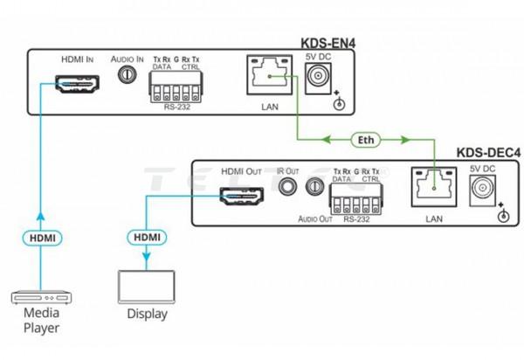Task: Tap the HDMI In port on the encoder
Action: (74, 86)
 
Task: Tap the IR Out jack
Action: (286, 185)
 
